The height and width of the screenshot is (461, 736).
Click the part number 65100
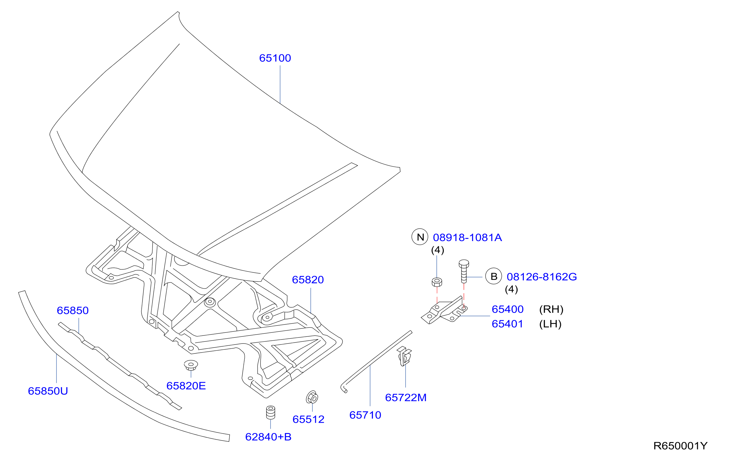275,58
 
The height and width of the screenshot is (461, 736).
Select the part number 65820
308,280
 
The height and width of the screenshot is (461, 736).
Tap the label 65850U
48,391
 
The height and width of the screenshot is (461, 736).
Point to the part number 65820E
186,386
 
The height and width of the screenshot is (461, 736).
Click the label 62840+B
268,437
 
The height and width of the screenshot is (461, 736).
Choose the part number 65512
308,419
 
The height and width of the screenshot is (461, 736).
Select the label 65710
365,415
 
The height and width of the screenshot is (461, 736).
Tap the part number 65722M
406,398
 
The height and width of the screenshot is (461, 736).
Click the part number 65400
508,309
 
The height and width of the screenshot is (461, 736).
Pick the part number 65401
508,324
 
